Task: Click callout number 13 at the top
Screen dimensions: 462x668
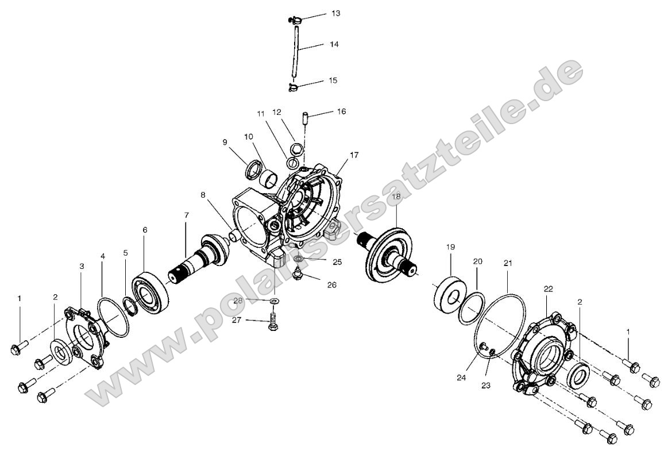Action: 335,13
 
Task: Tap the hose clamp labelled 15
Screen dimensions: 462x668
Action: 293,87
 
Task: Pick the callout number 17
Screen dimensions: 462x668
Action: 354,155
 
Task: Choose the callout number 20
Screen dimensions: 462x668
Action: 478,261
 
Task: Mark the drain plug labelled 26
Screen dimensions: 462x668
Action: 298,275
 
